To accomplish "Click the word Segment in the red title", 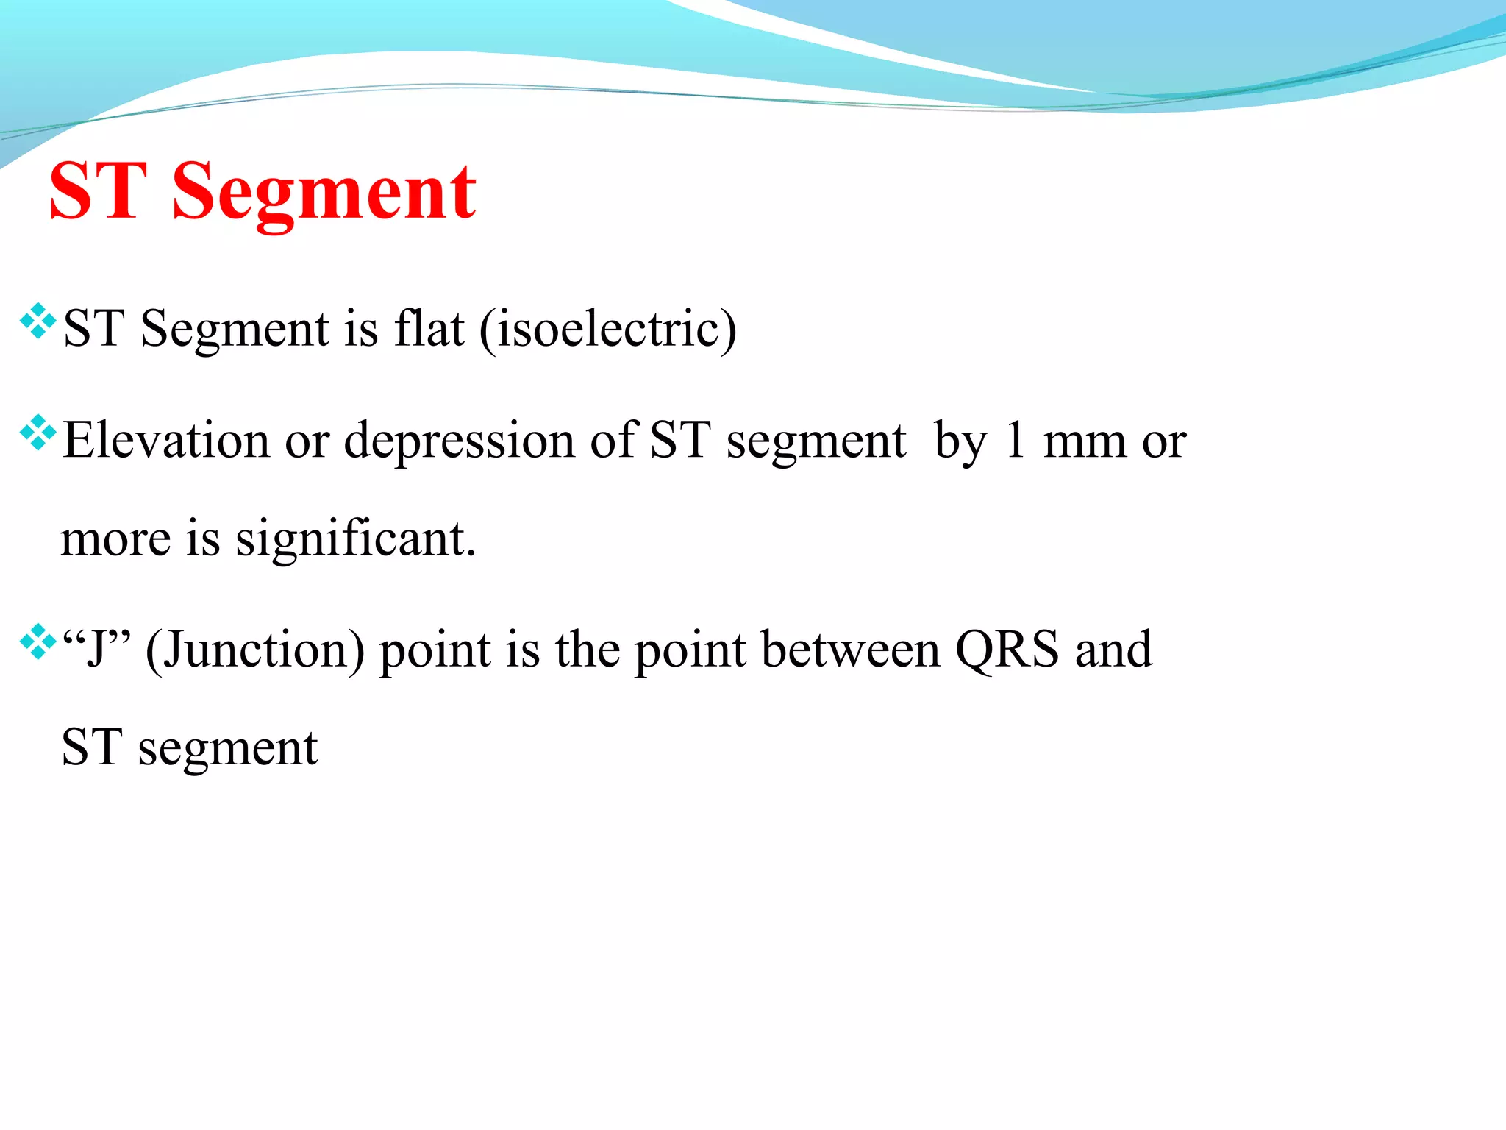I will [x=324, y=193].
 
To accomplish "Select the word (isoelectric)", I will [x=607, y=330].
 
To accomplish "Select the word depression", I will [x=460, y=441].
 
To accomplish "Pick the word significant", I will [x=355, y=540].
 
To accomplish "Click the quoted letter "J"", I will [x=96, y=649].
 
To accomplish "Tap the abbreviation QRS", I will [x=1007, y=650].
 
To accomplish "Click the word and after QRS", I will [x=1113, y=649].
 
